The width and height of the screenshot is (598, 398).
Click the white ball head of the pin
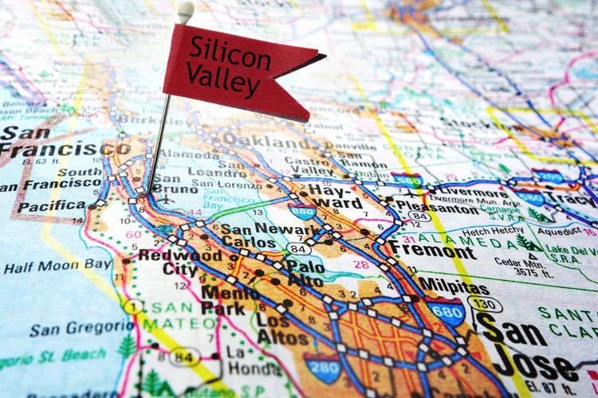pos(185,11)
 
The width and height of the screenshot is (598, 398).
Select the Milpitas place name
pos(453,284)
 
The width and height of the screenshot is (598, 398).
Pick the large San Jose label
pos(526,346)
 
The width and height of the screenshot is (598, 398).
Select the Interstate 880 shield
pos(303,211)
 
